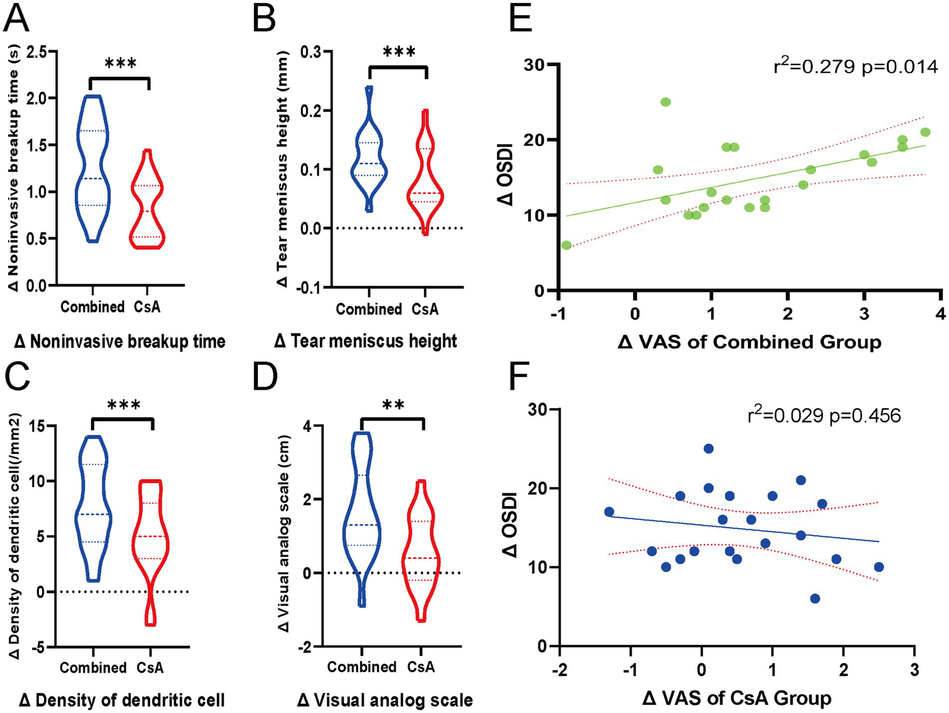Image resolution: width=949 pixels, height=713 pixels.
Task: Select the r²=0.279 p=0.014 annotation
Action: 856,66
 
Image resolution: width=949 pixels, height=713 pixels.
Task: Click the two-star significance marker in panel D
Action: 393,406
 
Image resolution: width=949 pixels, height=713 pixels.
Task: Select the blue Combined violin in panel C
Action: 93,507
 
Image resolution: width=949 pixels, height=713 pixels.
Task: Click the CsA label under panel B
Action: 425,309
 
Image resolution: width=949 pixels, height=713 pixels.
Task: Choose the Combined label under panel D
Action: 362,667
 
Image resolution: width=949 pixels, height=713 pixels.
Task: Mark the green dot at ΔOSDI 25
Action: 665,102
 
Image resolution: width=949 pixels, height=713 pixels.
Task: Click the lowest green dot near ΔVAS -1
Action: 566,245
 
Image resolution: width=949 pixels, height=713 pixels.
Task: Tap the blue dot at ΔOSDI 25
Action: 709,448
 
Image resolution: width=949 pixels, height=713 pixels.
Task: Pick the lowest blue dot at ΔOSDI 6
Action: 815,599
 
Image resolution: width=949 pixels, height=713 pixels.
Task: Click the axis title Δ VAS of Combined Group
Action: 749,341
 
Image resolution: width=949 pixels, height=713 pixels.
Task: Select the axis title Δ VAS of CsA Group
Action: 737,699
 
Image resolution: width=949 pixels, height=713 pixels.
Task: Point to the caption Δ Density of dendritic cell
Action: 122,700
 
